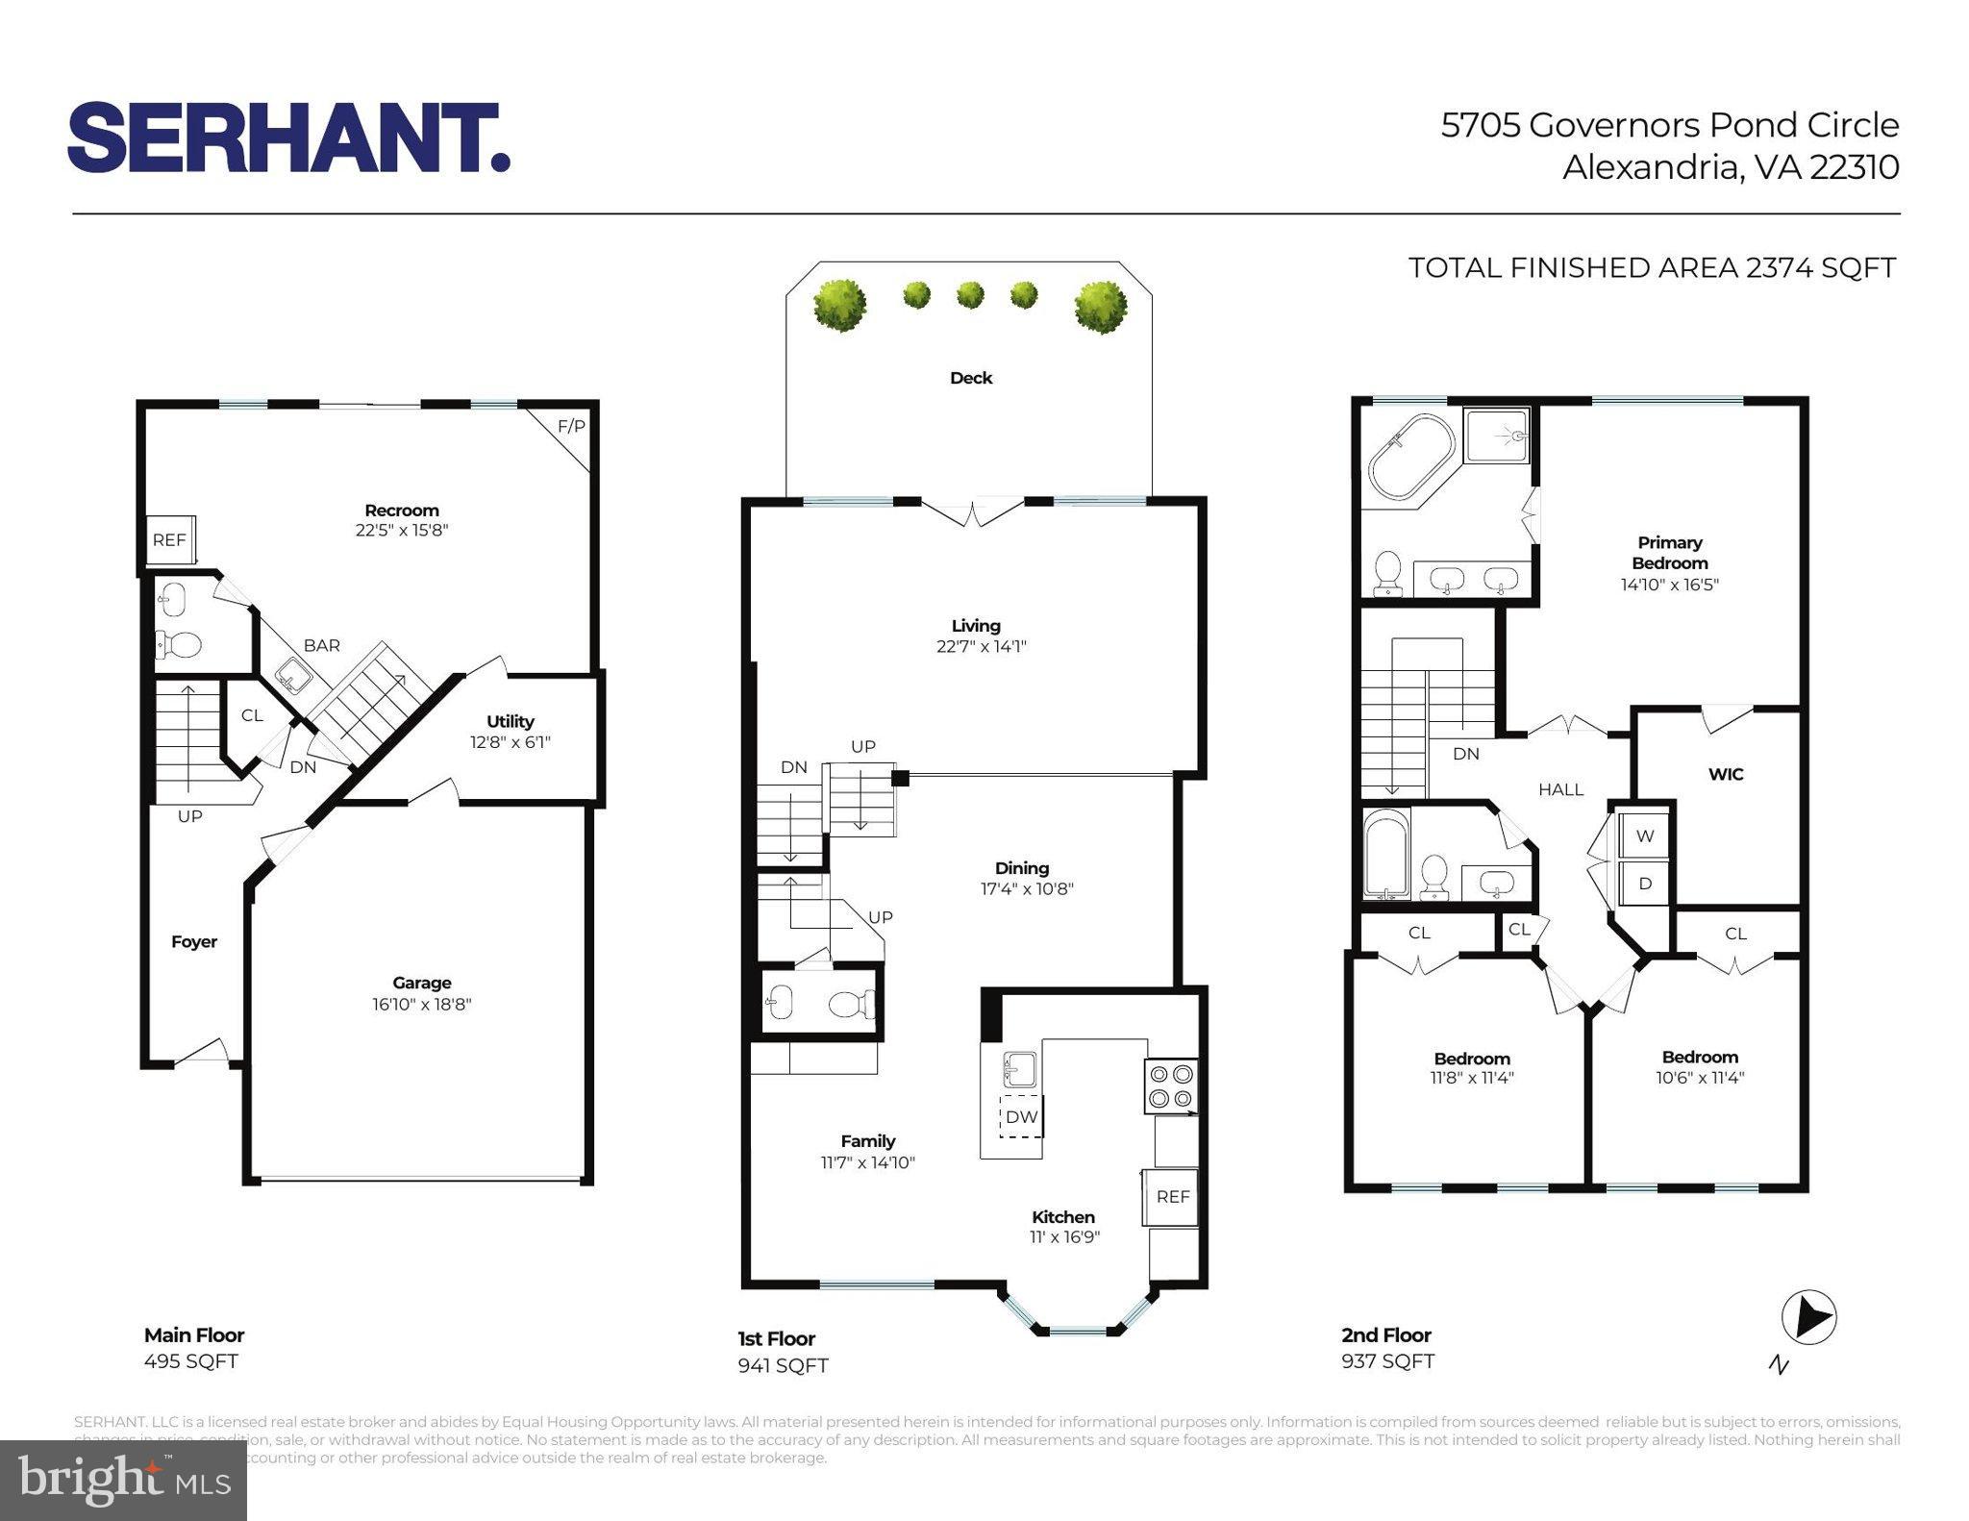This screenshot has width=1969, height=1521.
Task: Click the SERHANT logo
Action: (x=288, y=138)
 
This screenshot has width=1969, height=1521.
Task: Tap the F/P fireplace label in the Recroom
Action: (x=571, y=426)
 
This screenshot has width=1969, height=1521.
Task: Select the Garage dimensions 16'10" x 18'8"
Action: (x=421, y=1005)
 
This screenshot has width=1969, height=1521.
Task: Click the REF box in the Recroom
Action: (x=169, y=540)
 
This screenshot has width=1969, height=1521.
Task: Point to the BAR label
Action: (x=321, y=645)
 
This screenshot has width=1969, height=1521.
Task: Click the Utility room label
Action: (x=510, y=721)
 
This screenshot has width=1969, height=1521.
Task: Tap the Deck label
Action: (x=970, y=378)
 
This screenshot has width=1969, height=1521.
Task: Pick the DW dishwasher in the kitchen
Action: (x=1021, y=1116)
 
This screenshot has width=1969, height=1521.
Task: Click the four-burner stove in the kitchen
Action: (x=1170, y=1085)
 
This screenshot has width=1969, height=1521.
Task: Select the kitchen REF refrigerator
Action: (x=1172, y=1197)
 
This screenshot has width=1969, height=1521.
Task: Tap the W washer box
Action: (x=1645, y=835)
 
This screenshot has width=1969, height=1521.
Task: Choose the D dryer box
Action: (x=1645, y=883)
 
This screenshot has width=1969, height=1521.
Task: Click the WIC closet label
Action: (x=1725, y=774)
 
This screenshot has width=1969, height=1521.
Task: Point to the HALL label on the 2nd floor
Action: (x=1560, y=789)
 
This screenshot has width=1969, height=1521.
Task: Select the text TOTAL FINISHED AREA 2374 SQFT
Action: (x=1652, y=267)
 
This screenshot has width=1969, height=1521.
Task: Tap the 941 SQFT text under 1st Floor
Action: (x=783, y=1365)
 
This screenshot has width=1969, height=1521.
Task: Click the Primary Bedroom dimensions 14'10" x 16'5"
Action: (x=1669, y=584)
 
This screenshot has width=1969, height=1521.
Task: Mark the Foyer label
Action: (x=194, y=941)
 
